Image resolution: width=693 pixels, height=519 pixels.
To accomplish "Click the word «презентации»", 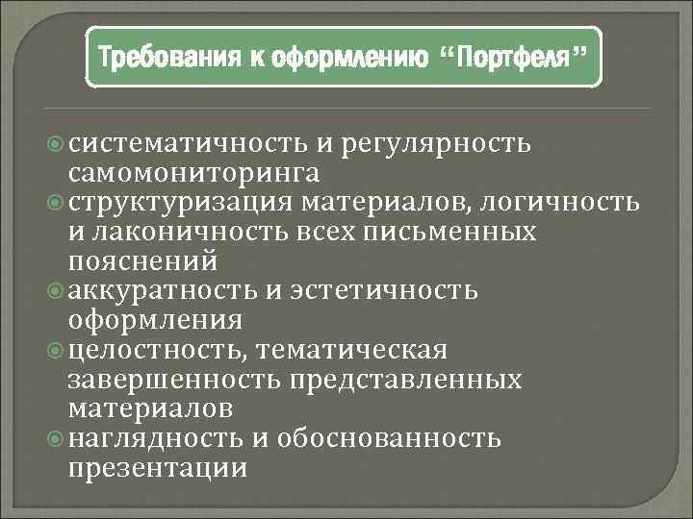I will point(158,467).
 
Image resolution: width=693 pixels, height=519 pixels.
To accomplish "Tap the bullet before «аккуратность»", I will point(55,290).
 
